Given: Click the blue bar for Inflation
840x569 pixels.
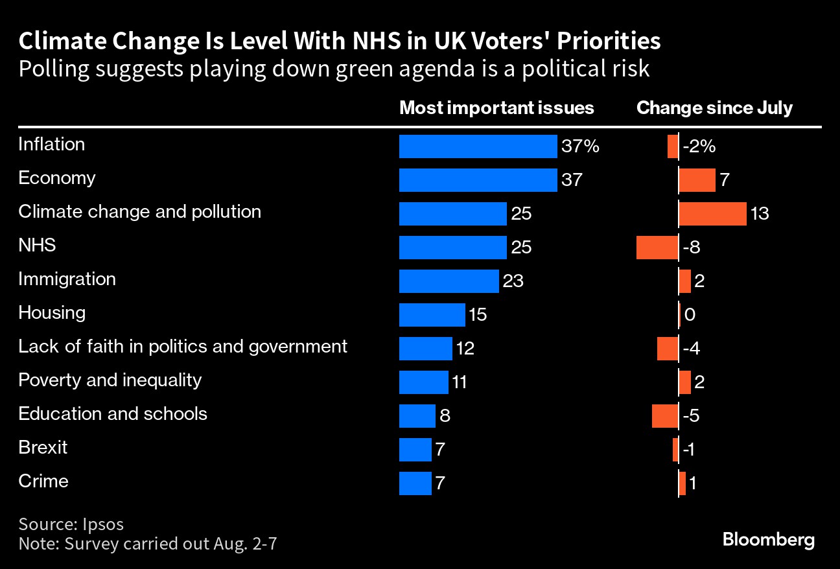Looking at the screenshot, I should [478, 146].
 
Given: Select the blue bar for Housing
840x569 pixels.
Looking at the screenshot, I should [432, 315].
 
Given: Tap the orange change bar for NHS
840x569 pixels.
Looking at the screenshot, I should [657, 248].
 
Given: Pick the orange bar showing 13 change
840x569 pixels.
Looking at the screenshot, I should [712, 214].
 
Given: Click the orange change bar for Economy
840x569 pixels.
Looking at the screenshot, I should [697, 180].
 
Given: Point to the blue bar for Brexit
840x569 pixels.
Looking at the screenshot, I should [415, 450].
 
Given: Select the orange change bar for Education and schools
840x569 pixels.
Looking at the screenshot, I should [665, 416].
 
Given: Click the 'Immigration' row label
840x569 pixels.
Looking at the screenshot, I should [67, 279].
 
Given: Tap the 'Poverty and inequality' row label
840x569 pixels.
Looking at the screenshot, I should [110, 380].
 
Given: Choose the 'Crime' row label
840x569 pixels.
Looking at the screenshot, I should [43, 482].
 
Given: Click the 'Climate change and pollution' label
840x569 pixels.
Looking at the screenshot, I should [139, 212].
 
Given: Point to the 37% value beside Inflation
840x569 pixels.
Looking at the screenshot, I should [580, 146].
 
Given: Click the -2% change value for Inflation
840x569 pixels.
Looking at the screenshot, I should [699, 146].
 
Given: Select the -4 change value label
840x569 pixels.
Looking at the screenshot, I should [691, 349].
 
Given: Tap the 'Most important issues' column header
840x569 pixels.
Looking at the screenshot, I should [496, 108].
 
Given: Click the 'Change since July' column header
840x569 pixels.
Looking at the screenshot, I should [714, 108].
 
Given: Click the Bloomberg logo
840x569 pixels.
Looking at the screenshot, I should [768, 540].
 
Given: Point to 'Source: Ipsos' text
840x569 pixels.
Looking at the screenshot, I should [71, 524].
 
